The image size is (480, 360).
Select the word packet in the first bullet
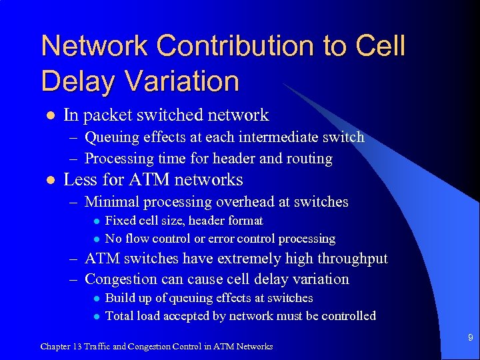[108, 115]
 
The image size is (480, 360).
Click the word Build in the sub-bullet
[120, 298]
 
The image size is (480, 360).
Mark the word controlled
[344, 316]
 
